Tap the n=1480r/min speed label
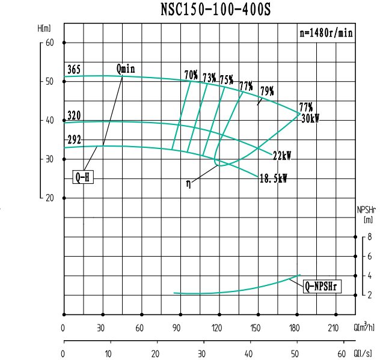click(x=325, y=33)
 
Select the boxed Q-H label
click(x=84, y=177)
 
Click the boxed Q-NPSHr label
click(x=322, y=286)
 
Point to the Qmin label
click(x=126, y=69)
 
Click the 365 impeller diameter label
click(x=74, y=70)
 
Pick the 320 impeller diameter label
click(x=74, y=115)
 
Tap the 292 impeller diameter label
click(x=74, y=140)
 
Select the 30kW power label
click(x=310, y=118)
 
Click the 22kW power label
click(x=282, y=155)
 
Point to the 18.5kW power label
click(x=273, y=178)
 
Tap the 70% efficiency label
click(x=191, y=75)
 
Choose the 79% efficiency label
click(x=266, y=91)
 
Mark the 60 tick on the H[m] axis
click(x=49, y=43)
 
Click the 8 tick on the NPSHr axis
click(x=370, y=237)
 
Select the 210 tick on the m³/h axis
click(x=332, y=328)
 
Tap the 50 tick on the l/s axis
click(x=295, y=354)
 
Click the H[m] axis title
click(x=44, y=28)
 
